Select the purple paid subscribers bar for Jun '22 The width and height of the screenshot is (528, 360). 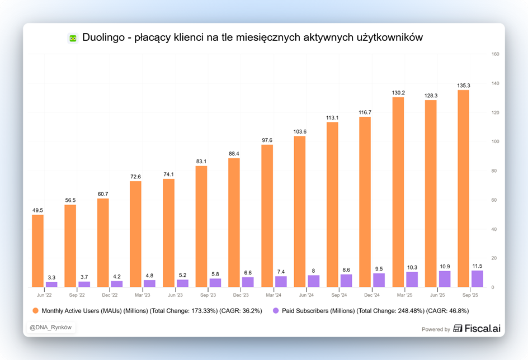click(x=51, y=284)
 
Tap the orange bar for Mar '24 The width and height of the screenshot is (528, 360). click(x=267, y=216)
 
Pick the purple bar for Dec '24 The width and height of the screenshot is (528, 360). click(x=379, y=280)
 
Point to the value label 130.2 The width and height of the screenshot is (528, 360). click(x=398, y=93)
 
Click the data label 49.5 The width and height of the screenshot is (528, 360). click(x=37, y=210)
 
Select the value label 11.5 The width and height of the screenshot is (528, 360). click(x=477, y=266)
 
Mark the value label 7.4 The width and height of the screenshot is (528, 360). click(x=281, y=272)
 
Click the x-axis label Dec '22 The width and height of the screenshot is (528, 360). click(x=110, y=294)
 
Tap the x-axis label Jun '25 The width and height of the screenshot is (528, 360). click(x=437, y=294)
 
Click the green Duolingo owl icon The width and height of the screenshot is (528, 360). click(x=72, y=38)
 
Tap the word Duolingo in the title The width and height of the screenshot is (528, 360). click(x=105, y=37)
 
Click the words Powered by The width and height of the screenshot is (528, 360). click(x=436, y=329)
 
